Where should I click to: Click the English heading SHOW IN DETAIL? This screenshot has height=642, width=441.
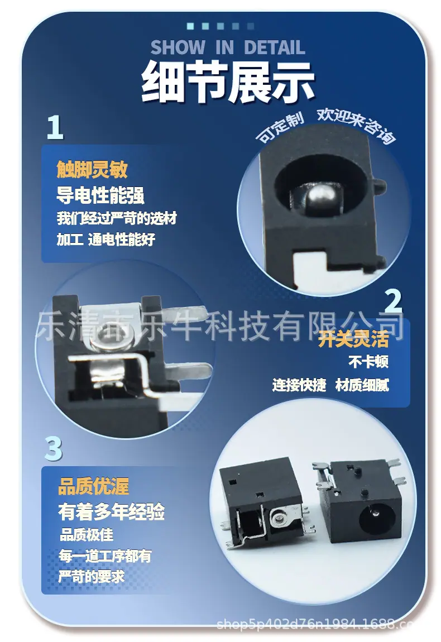pyautogui.click(x=228, y=47)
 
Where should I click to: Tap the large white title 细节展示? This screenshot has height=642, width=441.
pyautogui.click(x=228, y=82)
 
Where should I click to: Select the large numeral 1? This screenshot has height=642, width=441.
pyautogui.click(x=55, y=127)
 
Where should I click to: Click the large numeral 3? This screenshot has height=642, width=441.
pyautogui.click(x=53, y=449)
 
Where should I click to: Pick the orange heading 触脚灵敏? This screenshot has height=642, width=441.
pyautogui.click(x=92, y=169)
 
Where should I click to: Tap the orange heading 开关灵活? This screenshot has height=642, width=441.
pyautogui.click(x=353, y=339)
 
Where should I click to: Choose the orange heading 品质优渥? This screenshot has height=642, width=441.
pyautogui.click(x=93, y=486)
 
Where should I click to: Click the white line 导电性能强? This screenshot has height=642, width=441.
pyautogui.click(x=100, y=194)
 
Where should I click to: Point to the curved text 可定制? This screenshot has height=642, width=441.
pyautogui.click(x=280, y=126)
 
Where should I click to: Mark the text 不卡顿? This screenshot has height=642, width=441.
pyautogui.click(x=368, y=362)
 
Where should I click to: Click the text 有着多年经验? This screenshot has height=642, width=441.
pyautogui.click(x=112, y=512)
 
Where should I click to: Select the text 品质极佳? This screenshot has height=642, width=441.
pyautogui.click(x=87, y=535)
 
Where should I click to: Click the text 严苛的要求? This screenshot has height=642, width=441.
pyautogui.click(x=92, y=577)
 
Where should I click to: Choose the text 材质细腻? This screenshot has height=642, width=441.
pyautogui.click(x=362, y=385)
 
